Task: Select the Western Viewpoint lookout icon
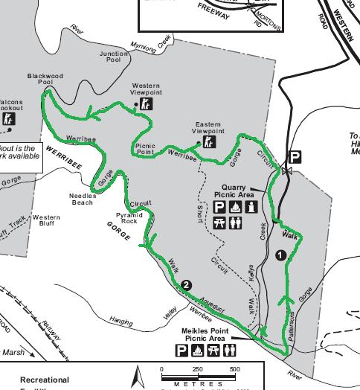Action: [x=146, y=104]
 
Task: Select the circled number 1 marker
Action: [x=280, y=255]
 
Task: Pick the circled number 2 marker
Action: [x=186, y=284]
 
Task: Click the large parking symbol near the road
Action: [x=296, y=157]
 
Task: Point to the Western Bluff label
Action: [x=45, y=220]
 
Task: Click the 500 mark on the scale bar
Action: [x=235, y=369]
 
